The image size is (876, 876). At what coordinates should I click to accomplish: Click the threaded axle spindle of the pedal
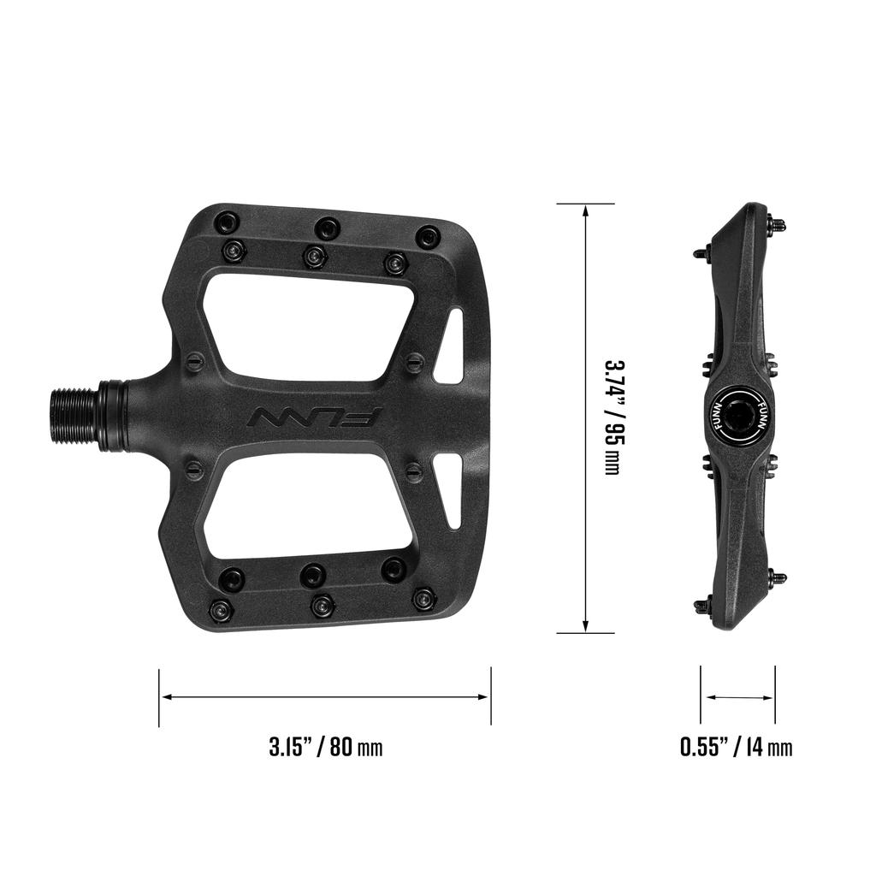point(76,416)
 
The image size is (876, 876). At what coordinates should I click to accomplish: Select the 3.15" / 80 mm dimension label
point(326,747)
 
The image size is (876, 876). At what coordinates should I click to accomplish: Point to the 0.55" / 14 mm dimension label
point(737,747)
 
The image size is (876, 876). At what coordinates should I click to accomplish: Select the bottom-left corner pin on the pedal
point(222,612)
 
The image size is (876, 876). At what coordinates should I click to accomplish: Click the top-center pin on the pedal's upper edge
point(326,228)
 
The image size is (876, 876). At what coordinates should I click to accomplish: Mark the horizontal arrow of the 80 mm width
point(324,697)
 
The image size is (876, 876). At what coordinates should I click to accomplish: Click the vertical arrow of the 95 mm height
point(585,417)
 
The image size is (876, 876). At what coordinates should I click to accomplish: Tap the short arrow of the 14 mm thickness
point(738,697)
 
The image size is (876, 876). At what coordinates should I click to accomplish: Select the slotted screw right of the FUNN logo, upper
point(413,360)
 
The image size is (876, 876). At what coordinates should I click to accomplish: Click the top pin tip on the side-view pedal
point(778,224)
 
